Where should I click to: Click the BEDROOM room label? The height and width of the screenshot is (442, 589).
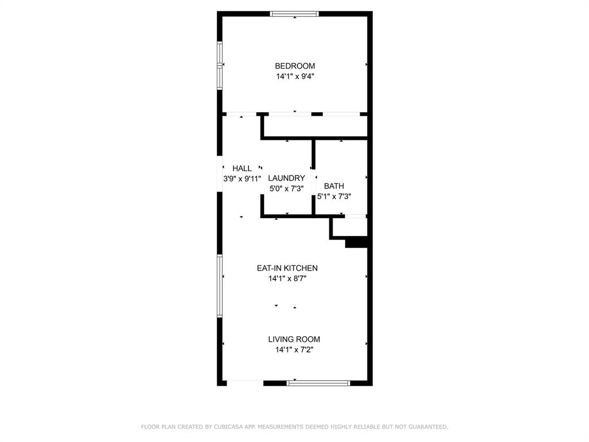point(294,66)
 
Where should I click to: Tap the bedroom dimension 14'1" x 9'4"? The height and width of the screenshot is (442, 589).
point(294,76)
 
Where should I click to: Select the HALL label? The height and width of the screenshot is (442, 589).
point(242,169)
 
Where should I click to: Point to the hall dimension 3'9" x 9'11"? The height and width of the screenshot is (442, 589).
point(242,178)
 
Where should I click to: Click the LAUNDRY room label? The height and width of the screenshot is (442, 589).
point(286,178)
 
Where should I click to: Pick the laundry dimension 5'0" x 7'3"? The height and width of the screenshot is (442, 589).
point(286,188)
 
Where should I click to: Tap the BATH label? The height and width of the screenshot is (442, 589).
point(334,186)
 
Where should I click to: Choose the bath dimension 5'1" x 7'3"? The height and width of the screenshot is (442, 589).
point(334,196)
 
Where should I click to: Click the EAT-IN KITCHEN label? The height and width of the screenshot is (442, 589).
point(287,268)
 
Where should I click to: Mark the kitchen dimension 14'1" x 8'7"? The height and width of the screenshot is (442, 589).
point(287,279)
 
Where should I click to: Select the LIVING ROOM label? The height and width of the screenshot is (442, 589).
point(294,340)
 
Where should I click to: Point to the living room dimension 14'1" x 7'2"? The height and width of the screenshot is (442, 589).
point(294,349)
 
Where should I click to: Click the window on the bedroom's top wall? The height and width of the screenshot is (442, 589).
point(294,14)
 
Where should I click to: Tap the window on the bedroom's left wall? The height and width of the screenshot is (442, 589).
point(220,64)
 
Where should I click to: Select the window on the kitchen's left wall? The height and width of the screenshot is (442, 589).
point(220,286)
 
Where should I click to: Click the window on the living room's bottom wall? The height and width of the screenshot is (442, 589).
point(318,383)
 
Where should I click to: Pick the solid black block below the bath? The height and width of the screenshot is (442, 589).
point(356,243)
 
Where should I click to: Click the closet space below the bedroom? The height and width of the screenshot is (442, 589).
point(315,126)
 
